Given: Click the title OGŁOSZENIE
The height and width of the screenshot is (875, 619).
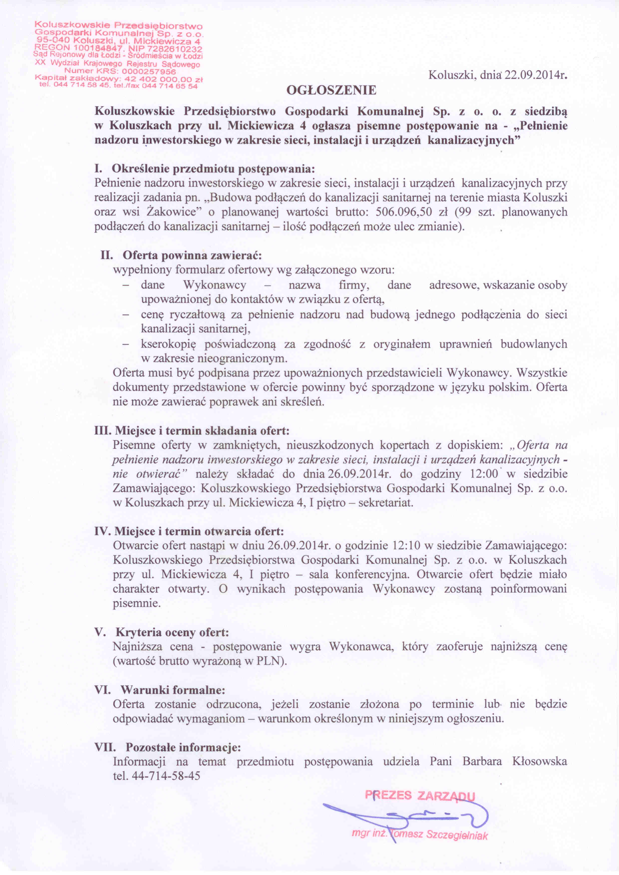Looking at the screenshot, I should [x=331, y=90].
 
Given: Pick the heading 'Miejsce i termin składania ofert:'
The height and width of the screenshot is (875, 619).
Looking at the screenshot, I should [x=202, y=431].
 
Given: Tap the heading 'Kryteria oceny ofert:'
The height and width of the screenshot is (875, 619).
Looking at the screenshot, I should [x=172, y=633].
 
